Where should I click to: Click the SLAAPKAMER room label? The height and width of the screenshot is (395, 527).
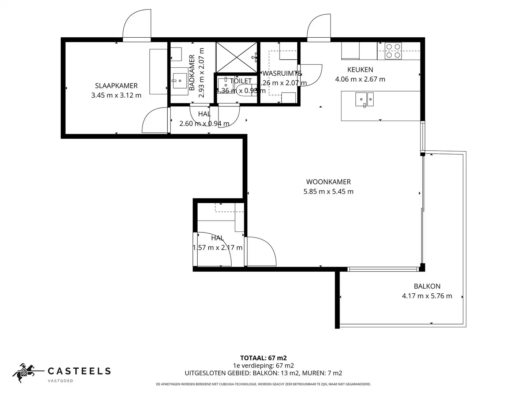[116, 86]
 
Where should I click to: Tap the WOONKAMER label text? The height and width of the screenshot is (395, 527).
[328, 182]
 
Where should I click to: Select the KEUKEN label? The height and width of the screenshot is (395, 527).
[360, 69]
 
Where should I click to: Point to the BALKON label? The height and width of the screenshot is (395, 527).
[427, 286]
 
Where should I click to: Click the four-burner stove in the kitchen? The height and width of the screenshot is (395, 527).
[393, 51]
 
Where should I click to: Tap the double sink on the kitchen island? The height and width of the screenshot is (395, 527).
[365, 99]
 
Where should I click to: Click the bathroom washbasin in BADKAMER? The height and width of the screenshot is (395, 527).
[179, 80]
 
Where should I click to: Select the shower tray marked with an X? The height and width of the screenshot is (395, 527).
[236, 57]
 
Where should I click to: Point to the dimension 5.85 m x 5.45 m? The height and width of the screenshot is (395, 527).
[328, 191]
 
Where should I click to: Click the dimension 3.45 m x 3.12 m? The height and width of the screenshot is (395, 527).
[116, 95]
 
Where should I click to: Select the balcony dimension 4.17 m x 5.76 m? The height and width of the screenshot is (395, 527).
[427, 296]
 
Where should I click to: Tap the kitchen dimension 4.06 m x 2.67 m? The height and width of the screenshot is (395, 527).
[360, 79]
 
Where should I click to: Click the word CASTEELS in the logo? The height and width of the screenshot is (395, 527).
[79, 371]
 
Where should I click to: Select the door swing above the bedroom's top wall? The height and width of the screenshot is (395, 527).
[137, 25]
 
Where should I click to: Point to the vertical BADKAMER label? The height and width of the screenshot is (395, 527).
[192, 72]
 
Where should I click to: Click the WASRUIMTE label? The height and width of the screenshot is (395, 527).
[281, 73]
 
